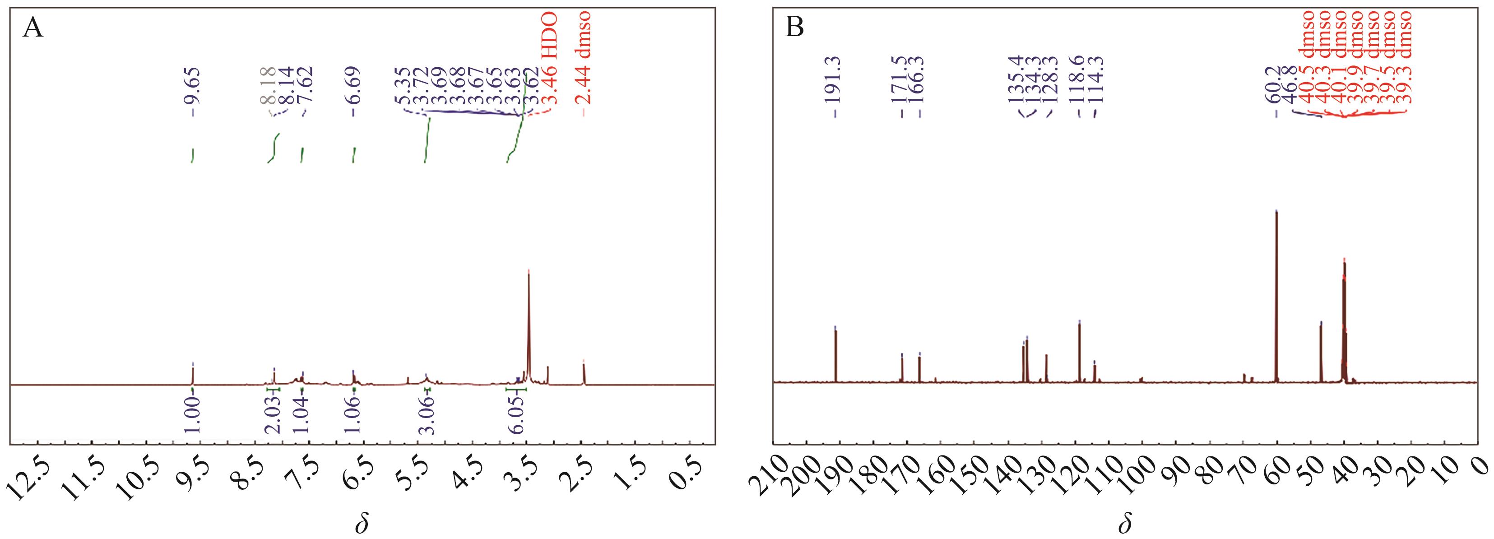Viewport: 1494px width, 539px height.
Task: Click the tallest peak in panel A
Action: pos(529,273)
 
